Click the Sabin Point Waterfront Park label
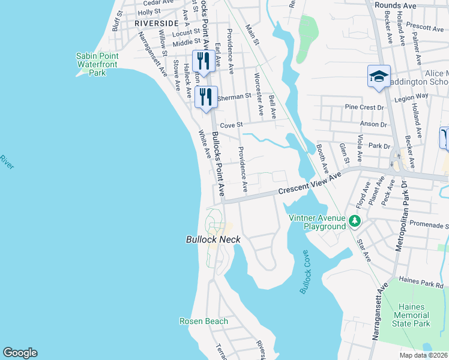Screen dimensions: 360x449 97,64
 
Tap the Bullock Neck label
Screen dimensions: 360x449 212,239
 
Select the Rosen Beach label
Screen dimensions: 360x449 203,321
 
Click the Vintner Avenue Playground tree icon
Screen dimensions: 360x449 355,222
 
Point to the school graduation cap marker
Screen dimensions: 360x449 379,76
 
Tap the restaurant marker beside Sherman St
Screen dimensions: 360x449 206,96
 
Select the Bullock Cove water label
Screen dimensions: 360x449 307,272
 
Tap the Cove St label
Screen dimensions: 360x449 231,125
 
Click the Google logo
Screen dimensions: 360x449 20,353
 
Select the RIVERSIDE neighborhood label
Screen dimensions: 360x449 157,23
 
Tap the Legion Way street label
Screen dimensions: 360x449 411,95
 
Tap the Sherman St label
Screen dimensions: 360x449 234,96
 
